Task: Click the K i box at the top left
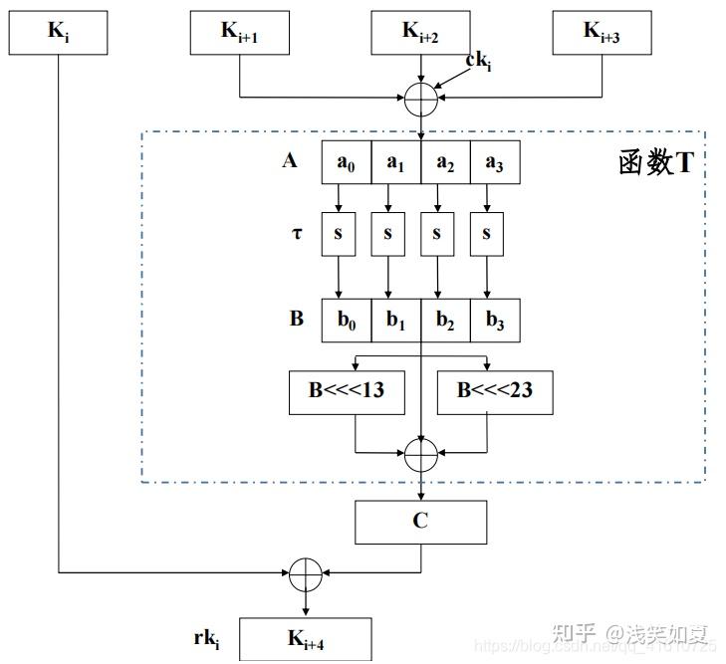(x=57, y=32)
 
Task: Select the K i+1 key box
(x=240, y=32)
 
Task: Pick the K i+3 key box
(x=603, y=32)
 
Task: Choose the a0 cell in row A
(x=346, y=163)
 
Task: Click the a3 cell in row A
(x=495, y=163)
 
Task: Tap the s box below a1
(x=388, y=235)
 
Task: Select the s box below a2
(x=437, y=235)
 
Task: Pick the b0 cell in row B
(x=346, y=320)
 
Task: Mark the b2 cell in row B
(x=445, y=320)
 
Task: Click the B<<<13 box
(x=347, y=390)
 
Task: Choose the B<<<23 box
(x=495, y=390)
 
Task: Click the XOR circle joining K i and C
(x=305, y=572)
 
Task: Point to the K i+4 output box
(x=307, y=640)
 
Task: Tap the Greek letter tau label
(x=297, y=235)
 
